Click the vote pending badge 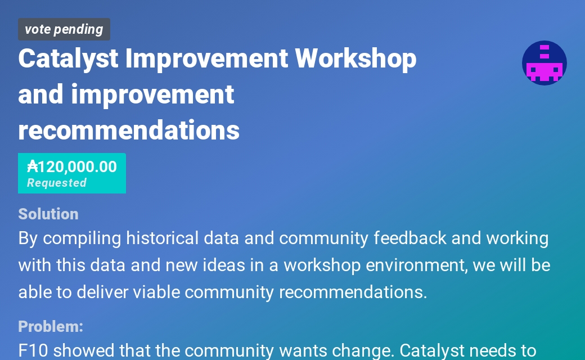[x=64, y=29]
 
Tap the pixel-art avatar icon [x=544, y=63]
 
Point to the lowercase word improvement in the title [x=152, y=94]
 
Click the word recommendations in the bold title [x=129, y=130]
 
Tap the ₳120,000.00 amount [x=72, y=166]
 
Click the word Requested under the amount [x=57, y=183]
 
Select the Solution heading [x=48, y=214]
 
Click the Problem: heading [x=51, y=326]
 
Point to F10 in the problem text [x=33, y=351]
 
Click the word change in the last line [x=361, y=351]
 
